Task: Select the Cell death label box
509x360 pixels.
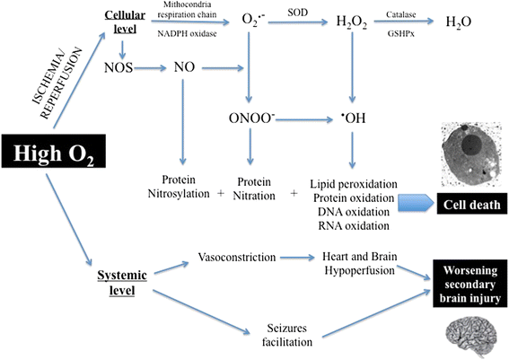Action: [467, 203]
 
